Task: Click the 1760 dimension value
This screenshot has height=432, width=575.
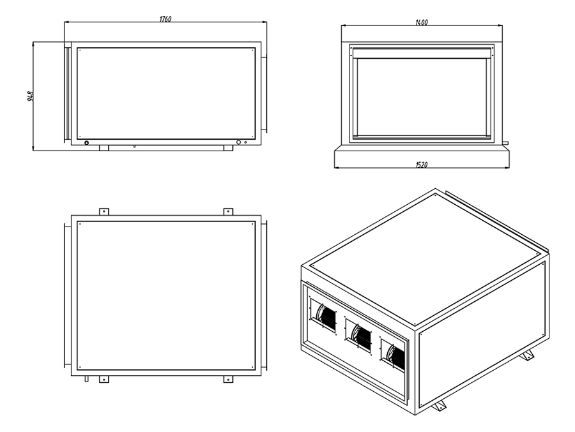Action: coord(165,19)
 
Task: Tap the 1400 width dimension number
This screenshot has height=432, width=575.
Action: coord(421,22)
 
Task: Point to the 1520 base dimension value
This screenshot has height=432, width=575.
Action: coord(421,165)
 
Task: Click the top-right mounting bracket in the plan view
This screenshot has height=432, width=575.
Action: coord(228,211)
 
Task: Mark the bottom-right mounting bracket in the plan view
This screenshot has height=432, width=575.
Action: coord(228,379)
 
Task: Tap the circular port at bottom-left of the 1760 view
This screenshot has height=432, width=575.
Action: coord(87,143)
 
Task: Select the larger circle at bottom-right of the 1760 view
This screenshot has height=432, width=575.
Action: coord(239,143)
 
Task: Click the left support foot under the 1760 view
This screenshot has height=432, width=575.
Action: coord(104,147)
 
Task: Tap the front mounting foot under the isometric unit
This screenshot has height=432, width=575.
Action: coord(440,407)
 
